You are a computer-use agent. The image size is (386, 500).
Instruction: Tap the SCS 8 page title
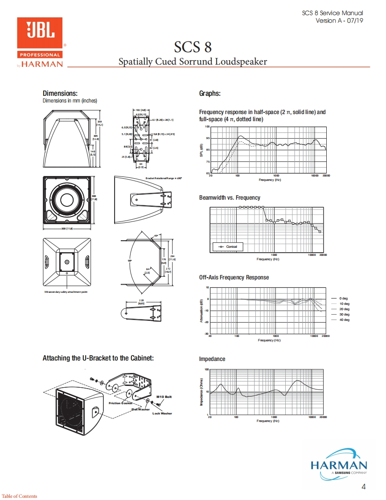click(193, 47)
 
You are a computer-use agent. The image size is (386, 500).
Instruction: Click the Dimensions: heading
click(60, 93)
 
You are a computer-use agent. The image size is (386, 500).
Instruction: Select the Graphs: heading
click(210, 93)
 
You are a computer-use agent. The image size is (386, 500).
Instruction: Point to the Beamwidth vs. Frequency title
click(230, 197)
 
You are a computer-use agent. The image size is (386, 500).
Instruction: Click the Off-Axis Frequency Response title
click(234, 277)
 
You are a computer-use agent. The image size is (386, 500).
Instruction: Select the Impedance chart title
click(212, 359)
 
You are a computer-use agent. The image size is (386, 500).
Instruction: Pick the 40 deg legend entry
click(344, 320)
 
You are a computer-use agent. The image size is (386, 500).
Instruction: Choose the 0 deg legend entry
click(343, 298)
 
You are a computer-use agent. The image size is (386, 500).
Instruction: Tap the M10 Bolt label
click(164, 396)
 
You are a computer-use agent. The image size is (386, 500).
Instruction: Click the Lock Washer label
click(162, 413)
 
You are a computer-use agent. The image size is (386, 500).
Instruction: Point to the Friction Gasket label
click(120, 403)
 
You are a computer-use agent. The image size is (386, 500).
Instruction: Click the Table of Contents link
click(20, 496)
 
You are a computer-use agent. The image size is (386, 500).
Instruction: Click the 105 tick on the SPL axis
click(207, 127)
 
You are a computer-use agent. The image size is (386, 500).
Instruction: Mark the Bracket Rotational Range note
click(164, 178)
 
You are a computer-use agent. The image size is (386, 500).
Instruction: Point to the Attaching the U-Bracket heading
click(98, 358)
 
